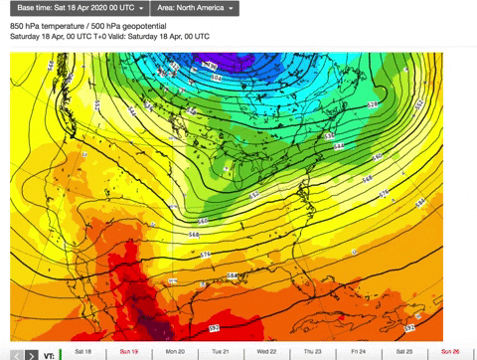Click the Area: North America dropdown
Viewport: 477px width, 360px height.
click(198, 8)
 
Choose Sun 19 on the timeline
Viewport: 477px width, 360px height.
click(129, 352)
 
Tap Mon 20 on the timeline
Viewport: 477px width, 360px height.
click(175, 352)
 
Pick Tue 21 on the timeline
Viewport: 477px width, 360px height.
click(221, 352)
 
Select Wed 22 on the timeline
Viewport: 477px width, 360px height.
click(266, 352)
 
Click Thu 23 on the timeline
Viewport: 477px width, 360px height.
click(312, 352)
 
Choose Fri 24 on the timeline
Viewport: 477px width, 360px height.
click(358, 352)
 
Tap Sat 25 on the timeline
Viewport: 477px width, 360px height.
click(403, 352)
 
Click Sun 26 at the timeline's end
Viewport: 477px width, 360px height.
click(450, 352)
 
